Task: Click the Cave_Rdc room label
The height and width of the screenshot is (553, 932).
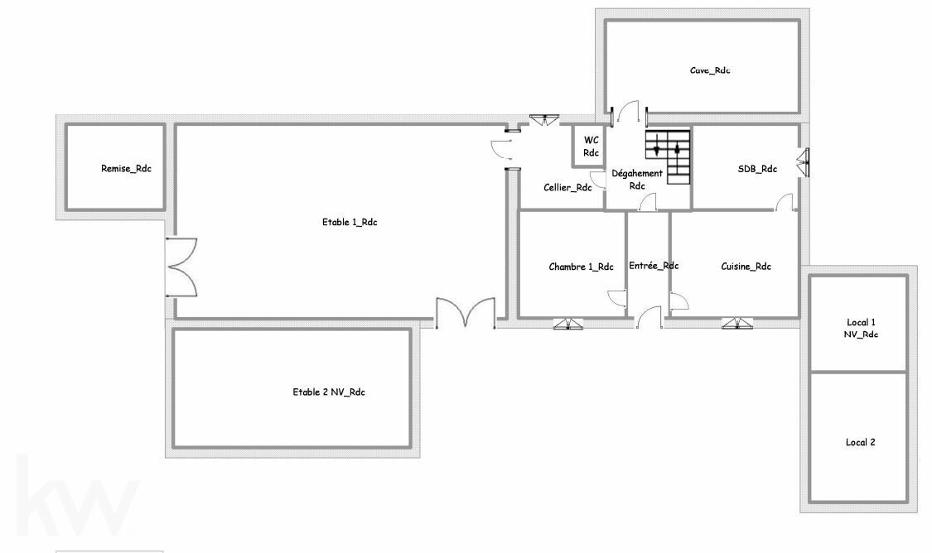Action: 710,70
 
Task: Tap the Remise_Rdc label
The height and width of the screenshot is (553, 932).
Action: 126,169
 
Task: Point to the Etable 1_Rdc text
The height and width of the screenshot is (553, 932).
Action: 350,222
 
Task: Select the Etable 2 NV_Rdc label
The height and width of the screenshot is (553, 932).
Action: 329,392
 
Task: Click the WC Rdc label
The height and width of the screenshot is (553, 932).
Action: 591,147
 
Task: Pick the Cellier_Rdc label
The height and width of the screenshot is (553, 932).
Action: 567,188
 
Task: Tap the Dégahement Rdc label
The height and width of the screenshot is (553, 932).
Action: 637,180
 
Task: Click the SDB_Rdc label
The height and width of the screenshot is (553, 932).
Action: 757,169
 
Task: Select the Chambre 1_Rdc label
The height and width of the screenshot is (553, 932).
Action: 581,267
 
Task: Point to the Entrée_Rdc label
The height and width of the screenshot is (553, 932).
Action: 654,266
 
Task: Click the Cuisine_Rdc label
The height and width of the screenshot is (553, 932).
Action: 746,266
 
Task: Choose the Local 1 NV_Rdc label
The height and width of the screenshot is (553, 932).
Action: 861,328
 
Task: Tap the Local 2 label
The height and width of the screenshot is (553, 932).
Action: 860,442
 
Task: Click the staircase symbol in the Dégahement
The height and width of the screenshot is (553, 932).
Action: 668,156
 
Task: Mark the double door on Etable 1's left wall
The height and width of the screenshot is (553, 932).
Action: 181,267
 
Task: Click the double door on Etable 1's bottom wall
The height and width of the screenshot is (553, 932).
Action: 466,313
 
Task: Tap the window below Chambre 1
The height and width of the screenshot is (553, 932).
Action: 568,324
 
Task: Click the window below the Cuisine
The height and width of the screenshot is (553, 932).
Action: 737,324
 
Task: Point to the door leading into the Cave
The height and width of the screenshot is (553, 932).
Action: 629,112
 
